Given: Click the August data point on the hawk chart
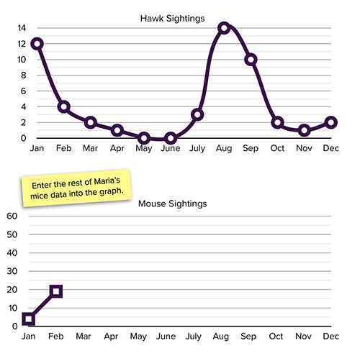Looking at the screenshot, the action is (x=224, y=28).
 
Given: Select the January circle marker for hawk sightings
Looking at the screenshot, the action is (x=37, y=44).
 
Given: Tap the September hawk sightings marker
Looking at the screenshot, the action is (x=251, y=60).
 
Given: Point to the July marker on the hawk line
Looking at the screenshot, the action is (x=197, y=115).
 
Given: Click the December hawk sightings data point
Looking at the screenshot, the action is (x=331, y=122).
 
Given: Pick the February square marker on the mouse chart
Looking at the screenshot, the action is (x=56, y=291).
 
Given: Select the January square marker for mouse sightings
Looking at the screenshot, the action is (x=29, y=319).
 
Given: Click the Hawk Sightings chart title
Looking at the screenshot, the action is (x=172, y=19).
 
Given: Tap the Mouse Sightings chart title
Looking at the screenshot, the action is (x=172, y=204).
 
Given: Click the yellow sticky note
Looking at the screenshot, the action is (x=76, y=188).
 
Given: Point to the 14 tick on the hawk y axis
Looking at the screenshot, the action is (x=22, y=28).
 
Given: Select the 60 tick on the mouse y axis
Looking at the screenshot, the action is (x=12, y=216).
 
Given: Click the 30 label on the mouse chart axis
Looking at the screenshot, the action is (x=12, y=271).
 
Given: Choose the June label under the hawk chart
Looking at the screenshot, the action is (x=171, y=148).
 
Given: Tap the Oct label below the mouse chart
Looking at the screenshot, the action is (x=276, y=337).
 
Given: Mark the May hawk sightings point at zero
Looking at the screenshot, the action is (x=144, y=138).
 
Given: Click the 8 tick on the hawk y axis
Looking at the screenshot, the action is (x=23, y=76).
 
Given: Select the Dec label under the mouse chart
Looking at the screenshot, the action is (x=331, y=337).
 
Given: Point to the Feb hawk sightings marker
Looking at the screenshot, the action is (x=64, y=106).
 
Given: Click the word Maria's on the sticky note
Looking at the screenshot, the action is (x=107, y=181).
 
